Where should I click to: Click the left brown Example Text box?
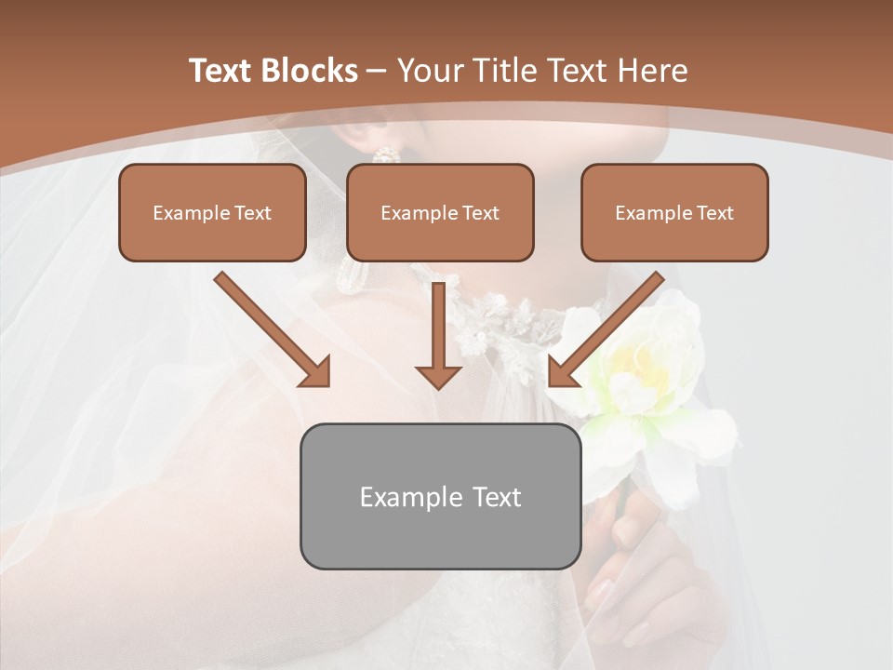point(212,212)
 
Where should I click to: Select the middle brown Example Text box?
point(440,212)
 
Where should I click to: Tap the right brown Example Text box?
point(674,212)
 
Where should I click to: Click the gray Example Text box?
point(440,496)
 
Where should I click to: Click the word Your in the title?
point(430,71)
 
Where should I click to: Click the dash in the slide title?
point(377,71)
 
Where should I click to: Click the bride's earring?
point(387,154)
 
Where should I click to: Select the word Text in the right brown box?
point(713,212)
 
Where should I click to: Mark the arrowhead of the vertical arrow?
point(438,374)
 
